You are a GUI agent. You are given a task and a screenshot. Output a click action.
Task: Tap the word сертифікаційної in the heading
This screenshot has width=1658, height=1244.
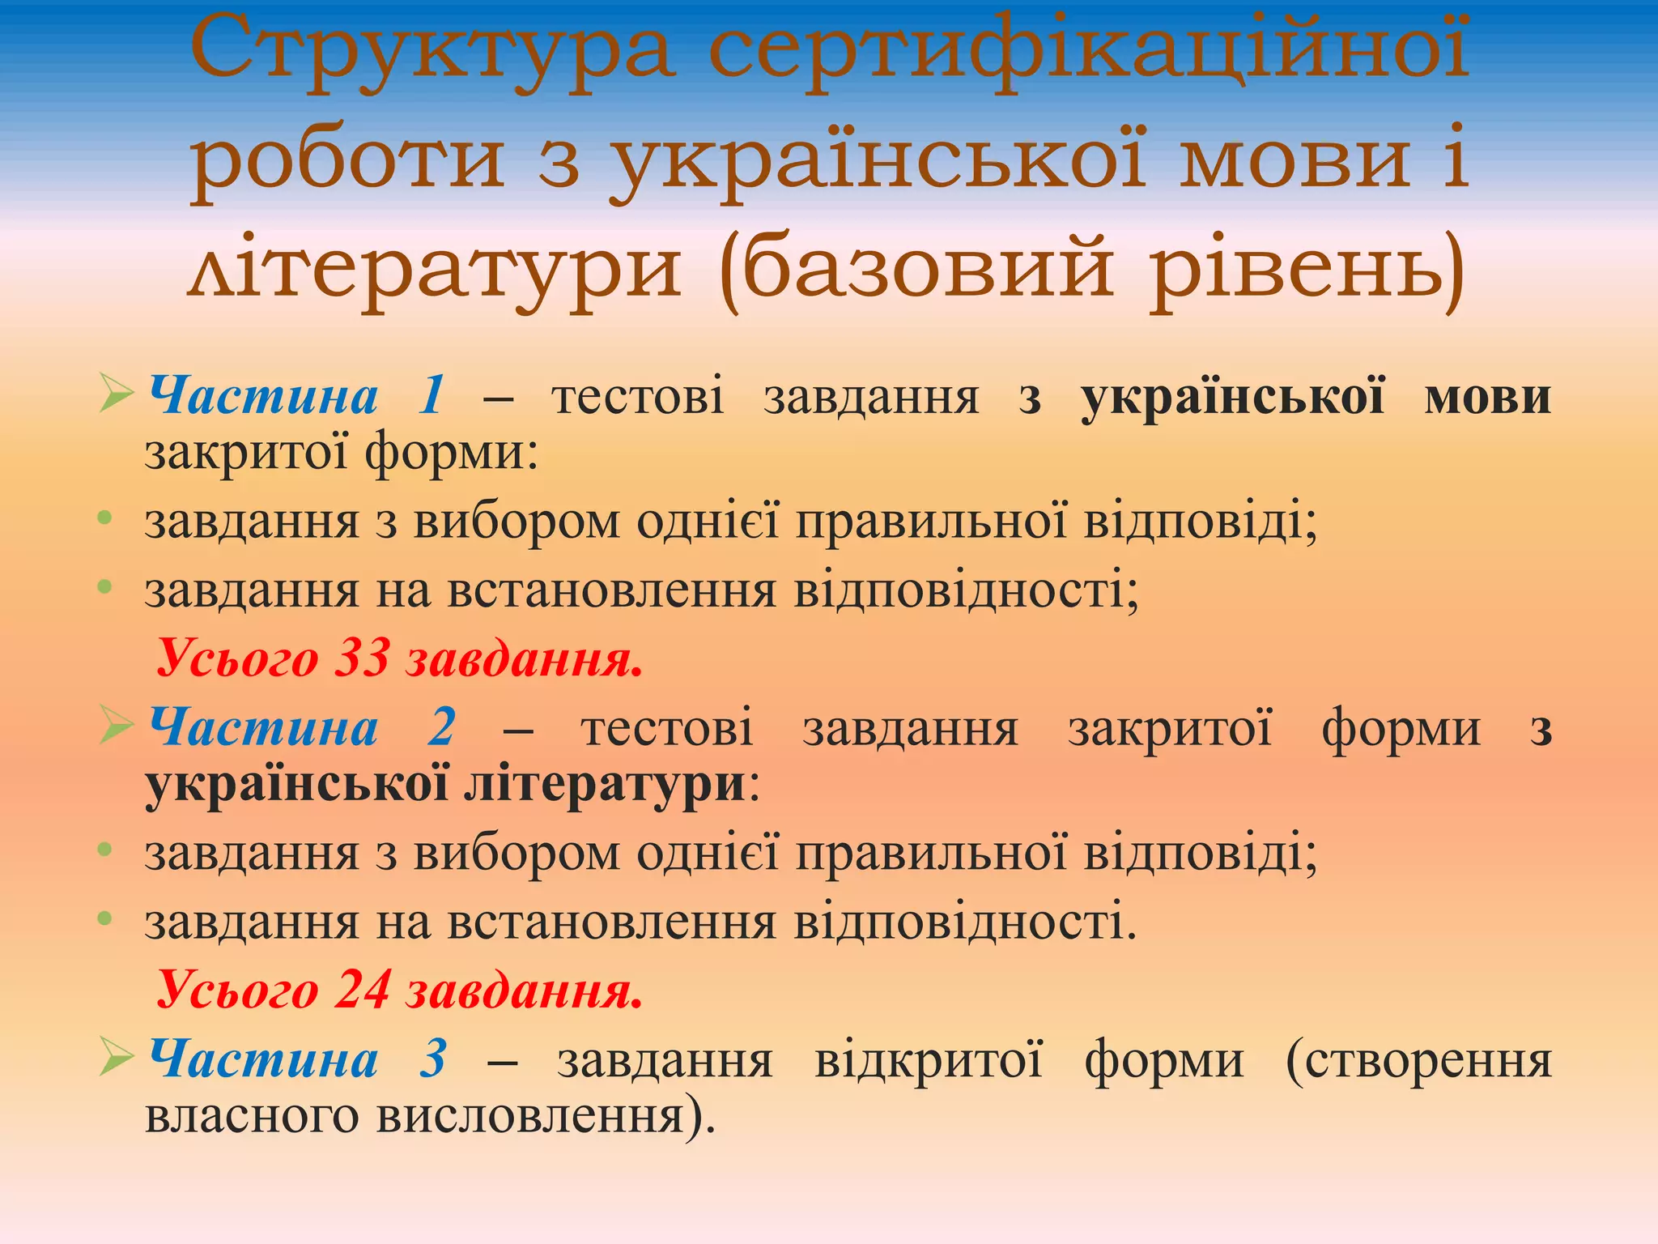point(1088,53)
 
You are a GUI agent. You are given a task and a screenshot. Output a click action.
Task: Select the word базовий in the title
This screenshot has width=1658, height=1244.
point(928,267)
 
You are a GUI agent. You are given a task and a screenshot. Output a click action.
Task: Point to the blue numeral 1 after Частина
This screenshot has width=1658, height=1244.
point(432,396)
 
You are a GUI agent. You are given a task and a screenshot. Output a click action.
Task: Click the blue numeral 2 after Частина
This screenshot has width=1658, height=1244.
point(442,726)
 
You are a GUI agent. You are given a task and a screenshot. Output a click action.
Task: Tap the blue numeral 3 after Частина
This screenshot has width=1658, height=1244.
point(433,1059)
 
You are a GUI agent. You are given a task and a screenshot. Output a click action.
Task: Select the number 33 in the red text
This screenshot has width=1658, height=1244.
point(363,657)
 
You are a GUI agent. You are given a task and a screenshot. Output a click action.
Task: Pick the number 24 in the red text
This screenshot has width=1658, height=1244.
point(363,989)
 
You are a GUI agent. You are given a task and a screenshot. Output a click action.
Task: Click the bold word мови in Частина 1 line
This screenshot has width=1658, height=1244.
point(1487,398)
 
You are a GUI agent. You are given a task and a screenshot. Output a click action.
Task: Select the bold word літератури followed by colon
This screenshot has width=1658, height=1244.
point(604,784)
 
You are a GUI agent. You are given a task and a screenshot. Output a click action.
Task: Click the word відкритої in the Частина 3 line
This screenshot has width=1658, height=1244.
point(929,1060)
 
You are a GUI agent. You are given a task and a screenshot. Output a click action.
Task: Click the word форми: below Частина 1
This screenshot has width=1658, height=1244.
point(451,452)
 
